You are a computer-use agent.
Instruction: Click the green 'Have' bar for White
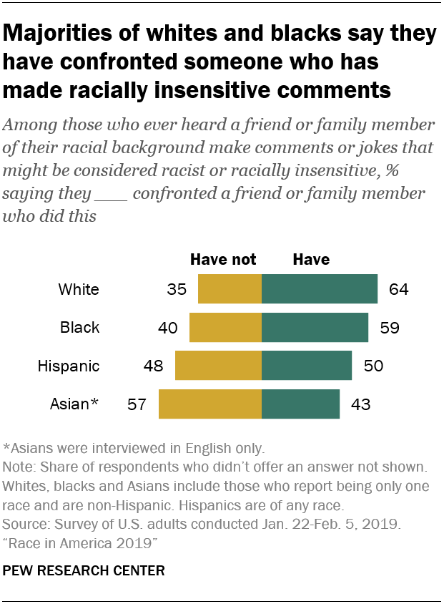coord(320,289)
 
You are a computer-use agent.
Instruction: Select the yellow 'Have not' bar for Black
coord(225,328)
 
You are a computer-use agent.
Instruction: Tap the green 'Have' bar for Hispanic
coord(307,366)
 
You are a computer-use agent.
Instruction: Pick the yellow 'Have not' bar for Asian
coord(210,404)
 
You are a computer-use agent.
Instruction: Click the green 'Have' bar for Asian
coord(300,404)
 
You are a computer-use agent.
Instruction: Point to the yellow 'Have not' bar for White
coord(230,289)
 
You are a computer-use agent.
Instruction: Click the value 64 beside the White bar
coord(398,290)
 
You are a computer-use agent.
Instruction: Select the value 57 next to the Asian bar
coord(136,405)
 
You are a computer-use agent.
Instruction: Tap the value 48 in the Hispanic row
coord(153,366)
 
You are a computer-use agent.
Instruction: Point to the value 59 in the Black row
coord(389,328)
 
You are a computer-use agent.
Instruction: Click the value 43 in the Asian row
coord(360,405)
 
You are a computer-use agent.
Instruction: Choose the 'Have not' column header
coord(222,259)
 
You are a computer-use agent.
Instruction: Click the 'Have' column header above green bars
coord(311,259)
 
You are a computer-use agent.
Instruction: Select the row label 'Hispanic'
coord(69,366)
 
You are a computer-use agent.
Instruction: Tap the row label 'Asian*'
coord(74,405)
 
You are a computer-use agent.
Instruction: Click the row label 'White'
coord(79,290)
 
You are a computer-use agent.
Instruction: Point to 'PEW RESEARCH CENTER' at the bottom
coord(84,570)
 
